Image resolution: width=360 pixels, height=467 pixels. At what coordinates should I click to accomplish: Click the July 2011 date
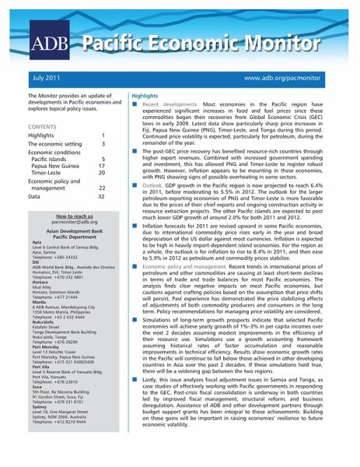47,79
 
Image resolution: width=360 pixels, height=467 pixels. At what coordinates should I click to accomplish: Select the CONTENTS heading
41,125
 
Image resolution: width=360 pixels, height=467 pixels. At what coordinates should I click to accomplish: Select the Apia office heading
37,243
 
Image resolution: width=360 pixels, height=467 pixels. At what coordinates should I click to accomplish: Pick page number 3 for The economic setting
103,144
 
